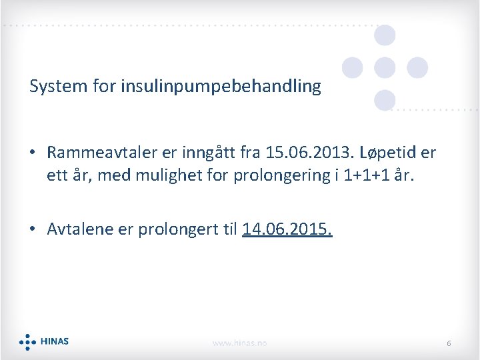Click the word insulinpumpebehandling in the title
[221, 87]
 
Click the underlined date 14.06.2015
[287, 229]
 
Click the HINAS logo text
[54, 341]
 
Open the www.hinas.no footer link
[239, 343]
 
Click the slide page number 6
[449, 343]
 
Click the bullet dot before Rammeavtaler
[33, 153]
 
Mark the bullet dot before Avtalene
[33, 230]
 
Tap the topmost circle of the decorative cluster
[385, 35]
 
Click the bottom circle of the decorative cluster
[385, 100]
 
